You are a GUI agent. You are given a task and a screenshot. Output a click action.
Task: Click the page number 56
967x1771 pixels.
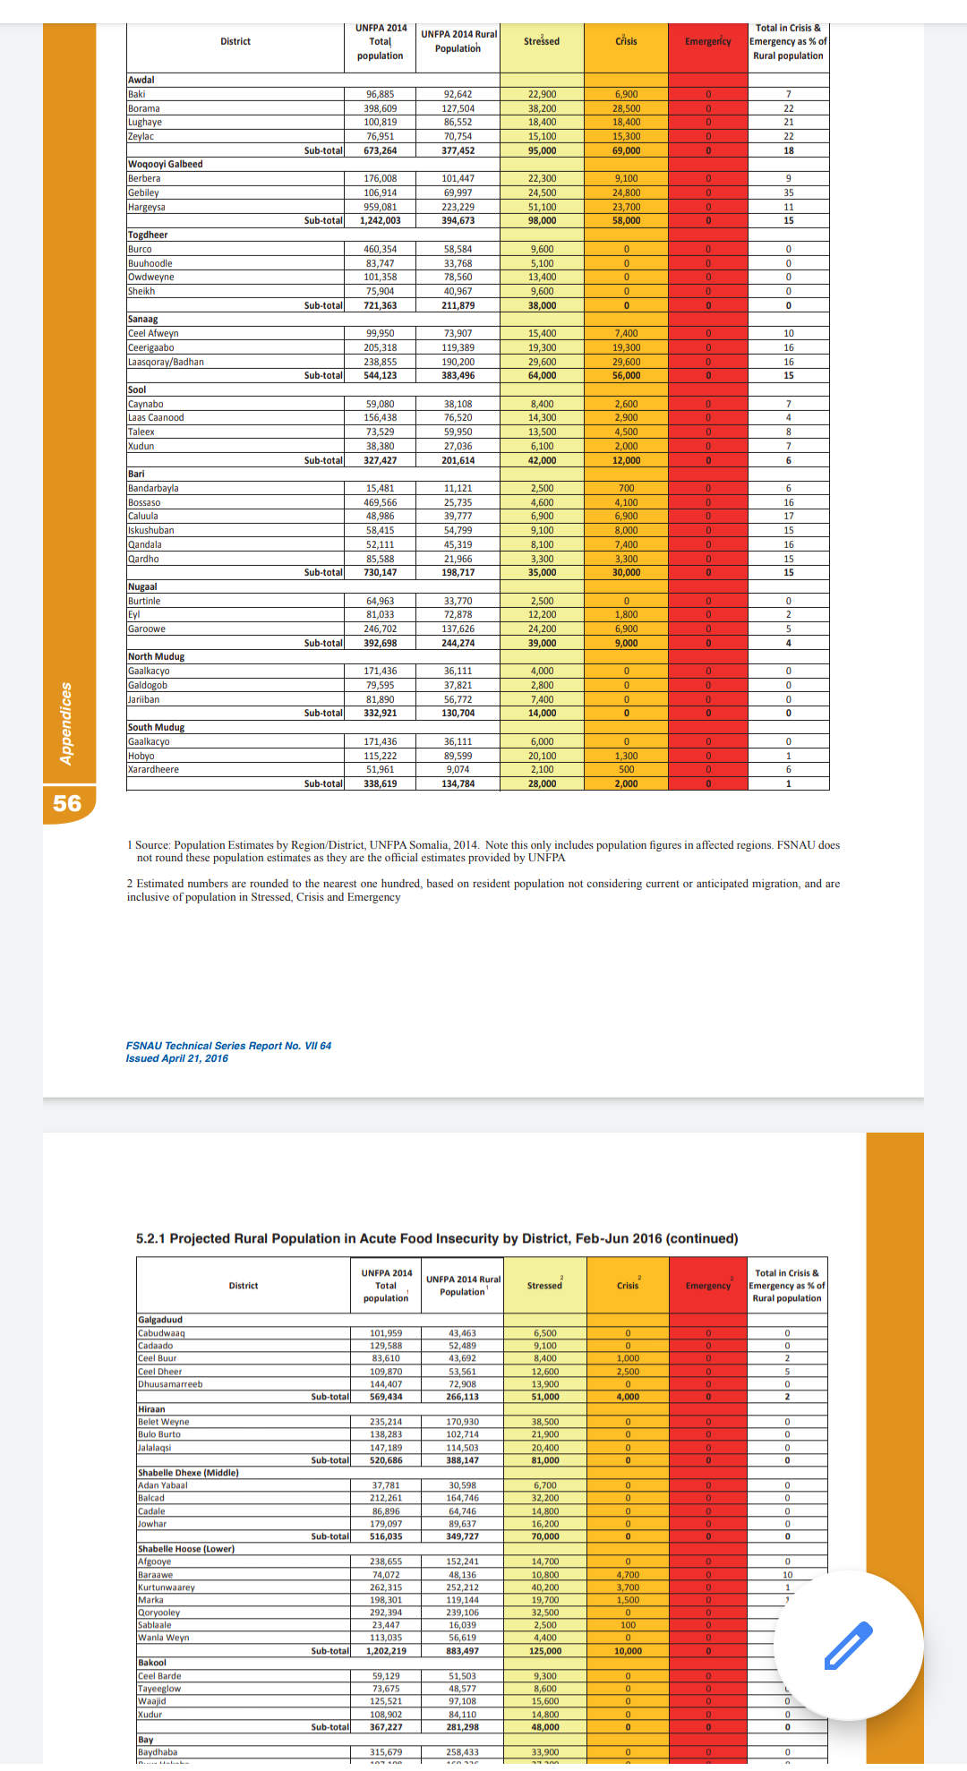tap(67, 803)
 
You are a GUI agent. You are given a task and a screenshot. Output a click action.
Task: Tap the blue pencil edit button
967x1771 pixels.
tap(847, 1646)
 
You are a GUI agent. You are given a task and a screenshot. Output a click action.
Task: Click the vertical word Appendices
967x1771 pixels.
tap(65, 723)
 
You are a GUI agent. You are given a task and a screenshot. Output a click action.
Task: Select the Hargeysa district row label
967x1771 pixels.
tap(147, 207)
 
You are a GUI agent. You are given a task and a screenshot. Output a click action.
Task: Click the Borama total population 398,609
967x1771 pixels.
tap(381, 108)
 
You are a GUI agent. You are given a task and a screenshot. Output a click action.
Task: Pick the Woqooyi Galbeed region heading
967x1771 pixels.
tap(166, 164)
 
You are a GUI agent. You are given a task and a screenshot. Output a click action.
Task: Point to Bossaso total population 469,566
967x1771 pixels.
tap(381, 502)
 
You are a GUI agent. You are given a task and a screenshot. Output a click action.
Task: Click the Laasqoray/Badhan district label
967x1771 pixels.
tap(167, 362)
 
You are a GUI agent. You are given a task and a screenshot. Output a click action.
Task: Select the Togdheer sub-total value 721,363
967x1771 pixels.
tap(380, 305)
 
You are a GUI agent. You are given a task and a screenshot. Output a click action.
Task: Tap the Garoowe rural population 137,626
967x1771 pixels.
tap(458, 629)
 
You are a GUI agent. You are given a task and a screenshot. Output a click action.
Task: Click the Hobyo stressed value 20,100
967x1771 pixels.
tap(542, 756)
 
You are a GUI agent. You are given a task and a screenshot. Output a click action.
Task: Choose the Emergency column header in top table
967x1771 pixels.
tap(707, 41)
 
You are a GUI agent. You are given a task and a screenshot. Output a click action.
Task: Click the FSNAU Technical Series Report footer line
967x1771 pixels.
tap(228, 1046)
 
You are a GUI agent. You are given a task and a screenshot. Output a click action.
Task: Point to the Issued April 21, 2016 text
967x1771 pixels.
tap(177, 1058)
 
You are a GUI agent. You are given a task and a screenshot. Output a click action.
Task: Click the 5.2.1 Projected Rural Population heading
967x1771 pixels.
tap(437, 1238)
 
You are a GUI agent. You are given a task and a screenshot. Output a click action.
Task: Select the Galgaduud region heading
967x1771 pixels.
tap(160, 1320)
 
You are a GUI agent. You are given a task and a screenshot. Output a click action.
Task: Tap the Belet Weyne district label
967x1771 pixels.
tap(164, 1422)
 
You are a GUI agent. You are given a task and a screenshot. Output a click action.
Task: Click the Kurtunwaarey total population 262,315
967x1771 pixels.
tap(386, 1587)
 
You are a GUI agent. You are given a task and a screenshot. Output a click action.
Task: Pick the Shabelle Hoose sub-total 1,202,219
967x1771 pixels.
tap(386, 1651)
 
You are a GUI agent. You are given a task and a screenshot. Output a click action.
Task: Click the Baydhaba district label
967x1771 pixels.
tap(158, 1752)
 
